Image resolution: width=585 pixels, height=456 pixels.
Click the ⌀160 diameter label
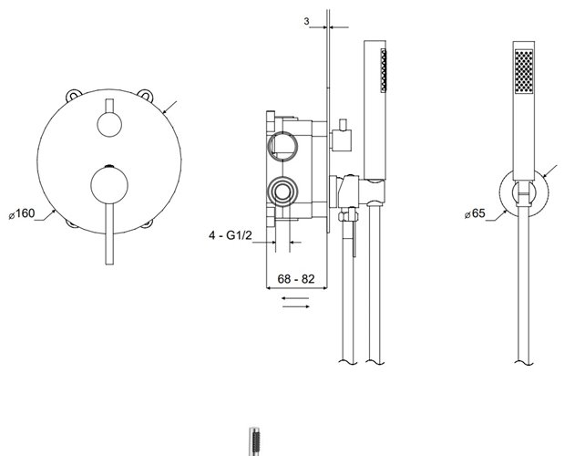pyautogui.click(x=22, y=213)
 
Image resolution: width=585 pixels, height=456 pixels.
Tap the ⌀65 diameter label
pyautogui.click(x=475, y=213)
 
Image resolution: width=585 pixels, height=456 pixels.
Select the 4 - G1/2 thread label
pyautogui.click(x=231, y=235)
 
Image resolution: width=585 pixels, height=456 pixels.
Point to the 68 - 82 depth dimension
pyautogui.click(x=296, y=279)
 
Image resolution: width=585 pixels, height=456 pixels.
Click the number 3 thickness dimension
pyautogui.click(x=306, y=21)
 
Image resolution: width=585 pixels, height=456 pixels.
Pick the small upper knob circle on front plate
pyautogui.click(x=109, y=124)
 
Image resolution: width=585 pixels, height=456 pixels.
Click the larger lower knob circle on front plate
pyautogui.click(x=109, y=186)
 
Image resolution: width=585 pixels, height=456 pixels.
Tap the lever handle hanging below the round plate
pyautogui.click(x=109, y=234)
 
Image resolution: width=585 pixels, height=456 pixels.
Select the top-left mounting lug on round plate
pyautogui.click(x=74, y=95)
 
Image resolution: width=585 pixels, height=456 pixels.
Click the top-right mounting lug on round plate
pyautogui.click(x=145, y=95)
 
